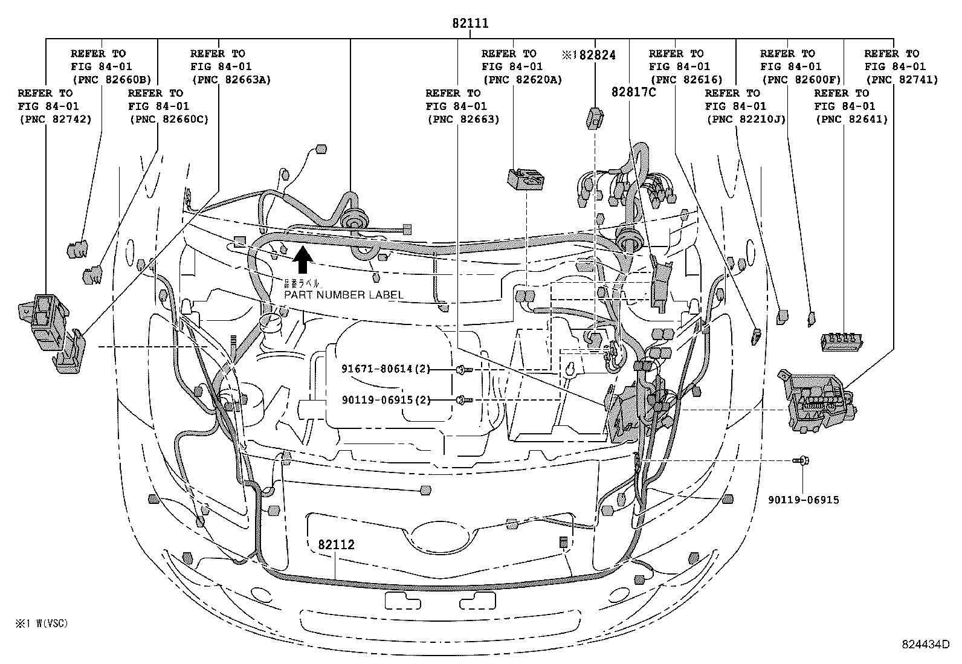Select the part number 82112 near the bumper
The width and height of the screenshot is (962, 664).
click(x=336, y=544)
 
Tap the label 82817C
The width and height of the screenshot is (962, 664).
click(x=633, y=92)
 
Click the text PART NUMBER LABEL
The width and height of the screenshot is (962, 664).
click(x=343, y=295)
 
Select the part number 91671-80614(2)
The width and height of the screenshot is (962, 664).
click(x=386, y=369)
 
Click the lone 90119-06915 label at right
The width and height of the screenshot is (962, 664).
click(x=803, y=500)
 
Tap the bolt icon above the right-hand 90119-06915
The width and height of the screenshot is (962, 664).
click(x=801, y=461)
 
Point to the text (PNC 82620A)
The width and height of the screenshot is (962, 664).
click(x=521, y=79)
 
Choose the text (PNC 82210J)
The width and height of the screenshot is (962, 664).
click(x=746, y=119)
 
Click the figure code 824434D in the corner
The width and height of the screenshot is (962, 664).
click(x=926, y=644)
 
